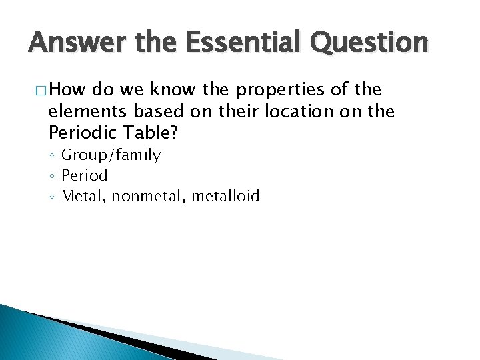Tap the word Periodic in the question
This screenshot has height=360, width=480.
[x=81, y=133]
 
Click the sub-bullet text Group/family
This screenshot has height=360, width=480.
[x=111, y=155]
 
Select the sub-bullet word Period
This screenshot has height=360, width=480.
[x=84, y=175]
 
